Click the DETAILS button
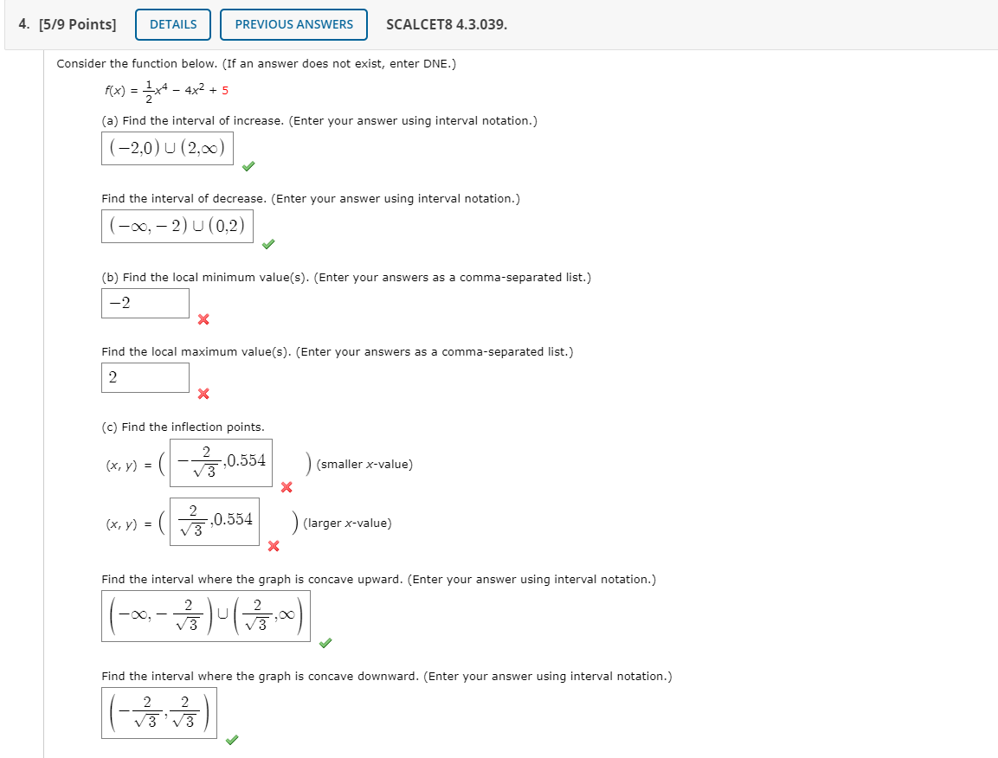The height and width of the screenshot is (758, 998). click(173, 24)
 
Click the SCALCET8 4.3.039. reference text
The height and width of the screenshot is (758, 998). click(447, 24)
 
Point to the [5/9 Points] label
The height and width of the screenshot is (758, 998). click(68, 24)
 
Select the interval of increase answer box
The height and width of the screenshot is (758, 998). click(167, 149)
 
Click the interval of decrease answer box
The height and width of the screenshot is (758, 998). click(177, 227)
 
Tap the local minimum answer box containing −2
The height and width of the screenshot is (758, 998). click(145, 303)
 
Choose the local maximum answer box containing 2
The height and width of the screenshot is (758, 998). click(145, 377)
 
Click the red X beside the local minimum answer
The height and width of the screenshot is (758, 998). click(203, 320)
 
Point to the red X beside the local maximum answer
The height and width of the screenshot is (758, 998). click(203, 395)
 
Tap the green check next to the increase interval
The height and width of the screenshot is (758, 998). click(248, 166)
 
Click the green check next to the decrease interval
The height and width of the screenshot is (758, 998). click(268, 244)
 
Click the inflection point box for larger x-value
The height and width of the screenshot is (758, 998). click(215, 521)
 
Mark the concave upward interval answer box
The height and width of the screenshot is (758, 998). click(205, 615)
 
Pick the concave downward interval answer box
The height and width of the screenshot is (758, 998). click(159, 712)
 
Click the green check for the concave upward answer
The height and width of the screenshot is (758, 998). click(325, 643)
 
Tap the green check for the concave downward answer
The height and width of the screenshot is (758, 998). click(231, 740)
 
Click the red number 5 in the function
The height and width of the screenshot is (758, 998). click(225, 91)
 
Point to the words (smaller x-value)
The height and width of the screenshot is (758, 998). click(364, 465)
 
